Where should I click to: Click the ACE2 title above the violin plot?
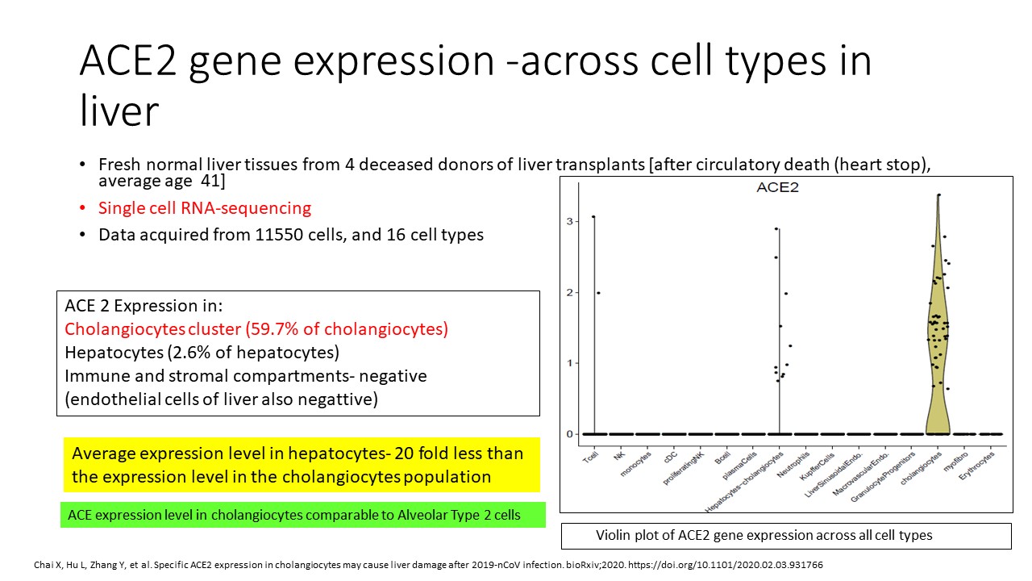(x=777, y=188)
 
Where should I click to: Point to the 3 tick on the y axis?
(x=569, y=221)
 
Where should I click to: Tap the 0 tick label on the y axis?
(x=569, y=434)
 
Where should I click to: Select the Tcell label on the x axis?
(x=590, y=458)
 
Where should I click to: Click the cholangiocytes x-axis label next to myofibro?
(x=921, y=468)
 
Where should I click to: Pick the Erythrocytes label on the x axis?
(x=976, y=466)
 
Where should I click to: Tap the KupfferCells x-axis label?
(x=817, y=466)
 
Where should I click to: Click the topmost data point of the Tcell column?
(x=593, y=216)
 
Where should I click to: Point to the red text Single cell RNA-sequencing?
(x=205, y=208)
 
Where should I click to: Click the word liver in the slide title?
(x=119, y=111)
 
